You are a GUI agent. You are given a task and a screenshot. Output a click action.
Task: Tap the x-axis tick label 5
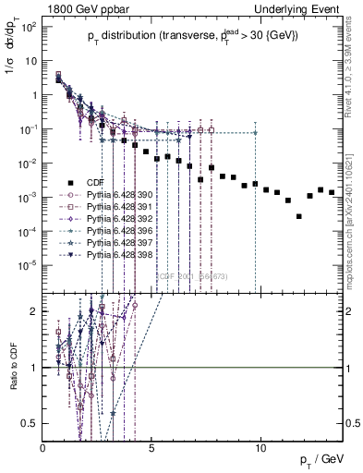coord(152,448)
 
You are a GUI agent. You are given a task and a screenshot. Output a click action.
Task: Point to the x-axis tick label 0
coord(43,448)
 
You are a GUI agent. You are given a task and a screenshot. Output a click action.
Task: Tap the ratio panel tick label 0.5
coord(30,423)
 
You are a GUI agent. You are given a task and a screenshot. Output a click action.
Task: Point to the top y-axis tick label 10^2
coord(29,27)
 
